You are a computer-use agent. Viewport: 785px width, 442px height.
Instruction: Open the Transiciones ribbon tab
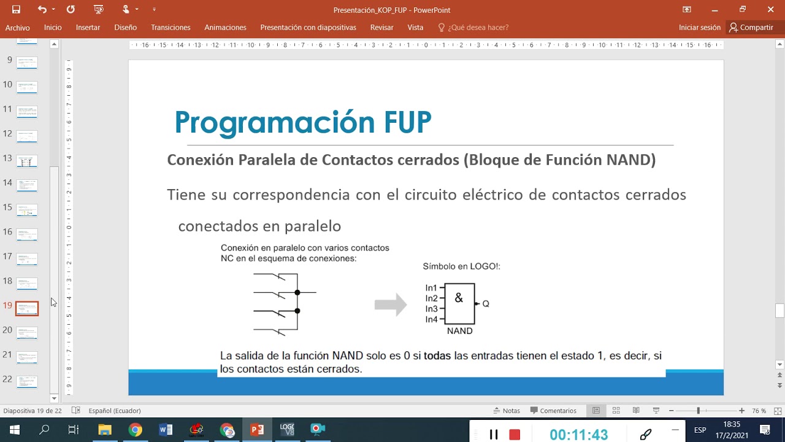170,28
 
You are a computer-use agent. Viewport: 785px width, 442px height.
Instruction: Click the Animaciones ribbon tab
225,28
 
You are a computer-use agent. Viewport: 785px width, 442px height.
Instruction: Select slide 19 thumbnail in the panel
27,308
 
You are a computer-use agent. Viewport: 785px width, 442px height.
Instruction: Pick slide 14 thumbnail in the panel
27,185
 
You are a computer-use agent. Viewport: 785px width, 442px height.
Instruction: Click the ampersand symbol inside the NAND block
459,298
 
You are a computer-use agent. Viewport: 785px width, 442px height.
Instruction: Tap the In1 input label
431,288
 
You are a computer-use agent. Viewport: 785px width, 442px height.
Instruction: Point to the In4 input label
431,319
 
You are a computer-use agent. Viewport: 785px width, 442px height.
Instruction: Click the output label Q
486,304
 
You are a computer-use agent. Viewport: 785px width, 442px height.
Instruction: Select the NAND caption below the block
459,331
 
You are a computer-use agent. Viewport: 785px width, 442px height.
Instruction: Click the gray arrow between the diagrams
391,304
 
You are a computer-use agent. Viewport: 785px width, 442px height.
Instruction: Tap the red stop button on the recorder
515,435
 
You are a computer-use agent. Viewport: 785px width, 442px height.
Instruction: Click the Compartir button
751,28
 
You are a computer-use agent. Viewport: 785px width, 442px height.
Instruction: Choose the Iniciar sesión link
699,28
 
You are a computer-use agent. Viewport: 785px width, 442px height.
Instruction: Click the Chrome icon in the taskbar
135,430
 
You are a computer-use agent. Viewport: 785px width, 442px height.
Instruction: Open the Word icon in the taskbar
166,430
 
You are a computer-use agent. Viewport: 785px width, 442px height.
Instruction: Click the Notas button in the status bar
507,411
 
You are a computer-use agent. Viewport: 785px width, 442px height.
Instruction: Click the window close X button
771,9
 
